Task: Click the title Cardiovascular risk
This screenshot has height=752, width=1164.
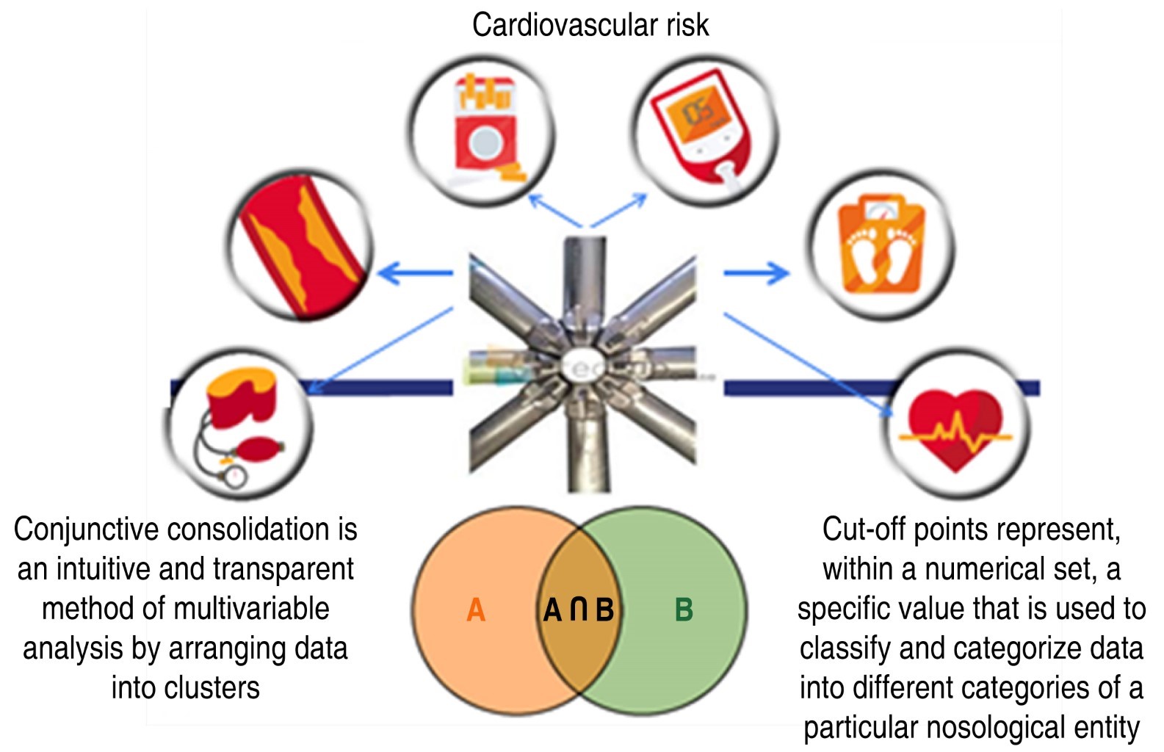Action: click(x=590, y=25)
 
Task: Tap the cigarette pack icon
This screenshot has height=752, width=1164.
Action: click(x=482, y=130)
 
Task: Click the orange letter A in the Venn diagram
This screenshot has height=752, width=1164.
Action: click(x=476, y=610)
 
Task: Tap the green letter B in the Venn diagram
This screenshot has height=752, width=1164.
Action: click(x=683, y=610)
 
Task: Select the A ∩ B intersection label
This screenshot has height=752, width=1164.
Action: click(x=579, y=610)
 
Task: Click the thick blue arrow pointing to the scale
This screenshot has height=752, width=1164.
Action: click(x=756, y=273)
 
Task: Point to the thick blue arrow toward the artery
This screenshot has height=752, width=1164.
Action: click(x=415, y=273)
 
